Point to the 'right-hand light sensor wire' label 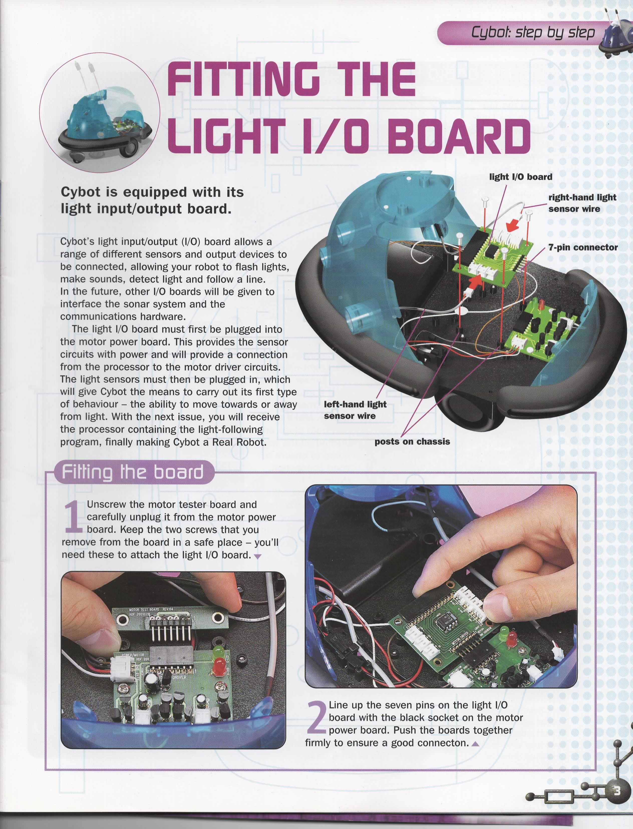tap(582, 203)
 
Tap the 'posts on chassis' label tap(412, 442)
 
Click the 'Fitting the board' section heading tap(133, 472)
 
